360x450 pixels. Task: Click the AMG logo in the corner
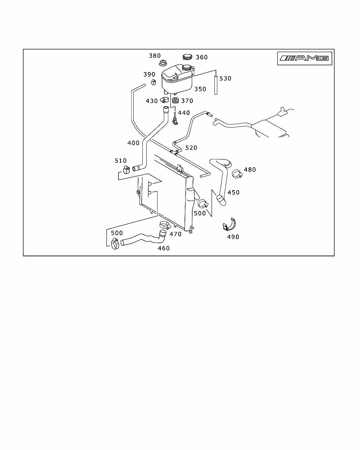click(304, 58)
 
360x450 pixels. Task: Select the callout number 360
click(202, 57)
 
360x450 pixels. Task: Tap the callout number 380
click(155, 56)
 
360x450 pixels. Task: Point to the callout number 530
click(225, 78)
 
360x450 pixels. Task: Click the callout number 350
click(200, 89)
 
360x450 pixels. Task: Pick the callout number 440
click(184, 113)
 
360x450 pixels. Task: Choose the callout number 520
click(191, 148)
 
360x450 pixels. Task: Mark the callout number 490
click(233, 237)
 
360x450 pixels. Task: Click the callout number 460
click(163, 248)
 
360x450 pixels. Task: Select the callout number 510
click(121, 161)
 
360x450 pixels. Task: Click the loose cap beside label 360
click(187, 57)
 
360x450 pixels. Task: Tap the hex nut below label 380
click(163, 63)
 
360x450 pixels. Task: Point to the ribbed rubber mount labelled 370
click(175, 101)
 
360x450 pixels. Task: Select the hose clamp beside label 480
click(237, 174)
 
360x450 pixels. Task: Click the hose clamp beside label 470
click(165, 225)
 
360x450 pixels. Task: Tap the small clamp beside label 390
click(154, 82)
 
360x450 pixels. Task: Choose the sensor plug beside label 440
click(175, 119)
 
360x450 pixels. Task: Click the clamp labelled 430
click(165, 100)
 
